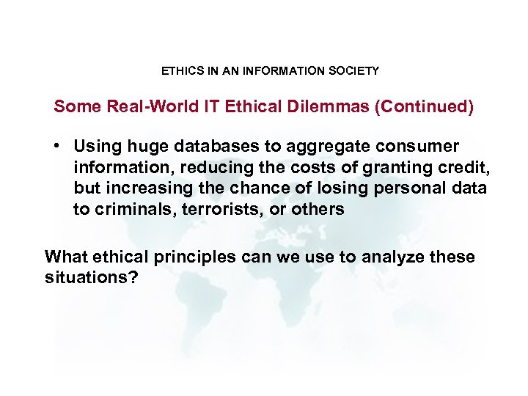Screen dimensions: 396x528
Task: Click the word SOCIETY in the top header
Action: [x=354, y=71]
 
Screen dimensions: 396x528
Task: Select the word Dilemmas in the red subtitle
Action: [x=334, y=107]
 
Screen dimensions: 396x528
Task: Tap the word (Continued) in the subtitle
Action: [x=425, y=107]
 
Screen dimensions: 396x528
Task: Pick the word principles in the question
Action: [x=196, y=257]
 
